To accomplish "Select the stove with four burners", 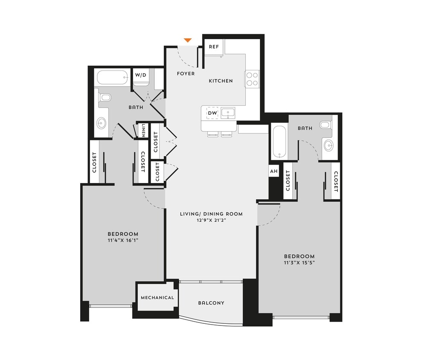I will click(252, 78).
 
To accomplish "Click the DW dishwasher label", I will click(212, 113).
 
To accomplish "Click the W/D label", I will click(140, 75).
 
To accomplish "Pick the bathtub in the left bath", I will click(112, 78).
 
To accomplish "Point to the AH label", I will click(274, 171).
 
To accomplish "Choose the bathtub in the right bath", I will click(279, 141).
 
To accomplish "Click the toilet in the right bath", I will click(326, 125).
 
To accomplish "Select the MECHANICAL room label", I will click(157, 298).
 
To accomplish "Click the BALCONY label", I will click(211, 303).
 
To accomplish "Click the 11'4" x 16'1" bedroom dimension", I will click(123, 240).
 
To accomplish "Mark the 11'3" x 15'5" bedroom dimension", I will click(299, 262).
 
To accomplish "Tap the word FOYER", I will click(186, 74).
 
